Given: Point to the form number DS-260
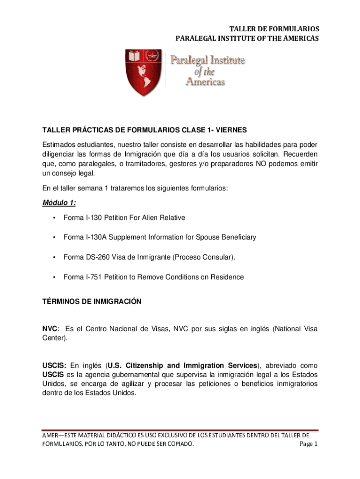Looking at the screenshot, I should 97,257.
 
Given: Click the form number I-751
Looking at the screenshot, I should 93,277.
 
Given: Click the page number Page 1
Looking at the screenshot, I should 309,444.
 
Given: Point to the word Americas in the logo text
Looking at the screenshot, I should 206,81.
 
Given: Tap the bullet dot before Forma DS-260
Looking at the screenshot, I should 55,257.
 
